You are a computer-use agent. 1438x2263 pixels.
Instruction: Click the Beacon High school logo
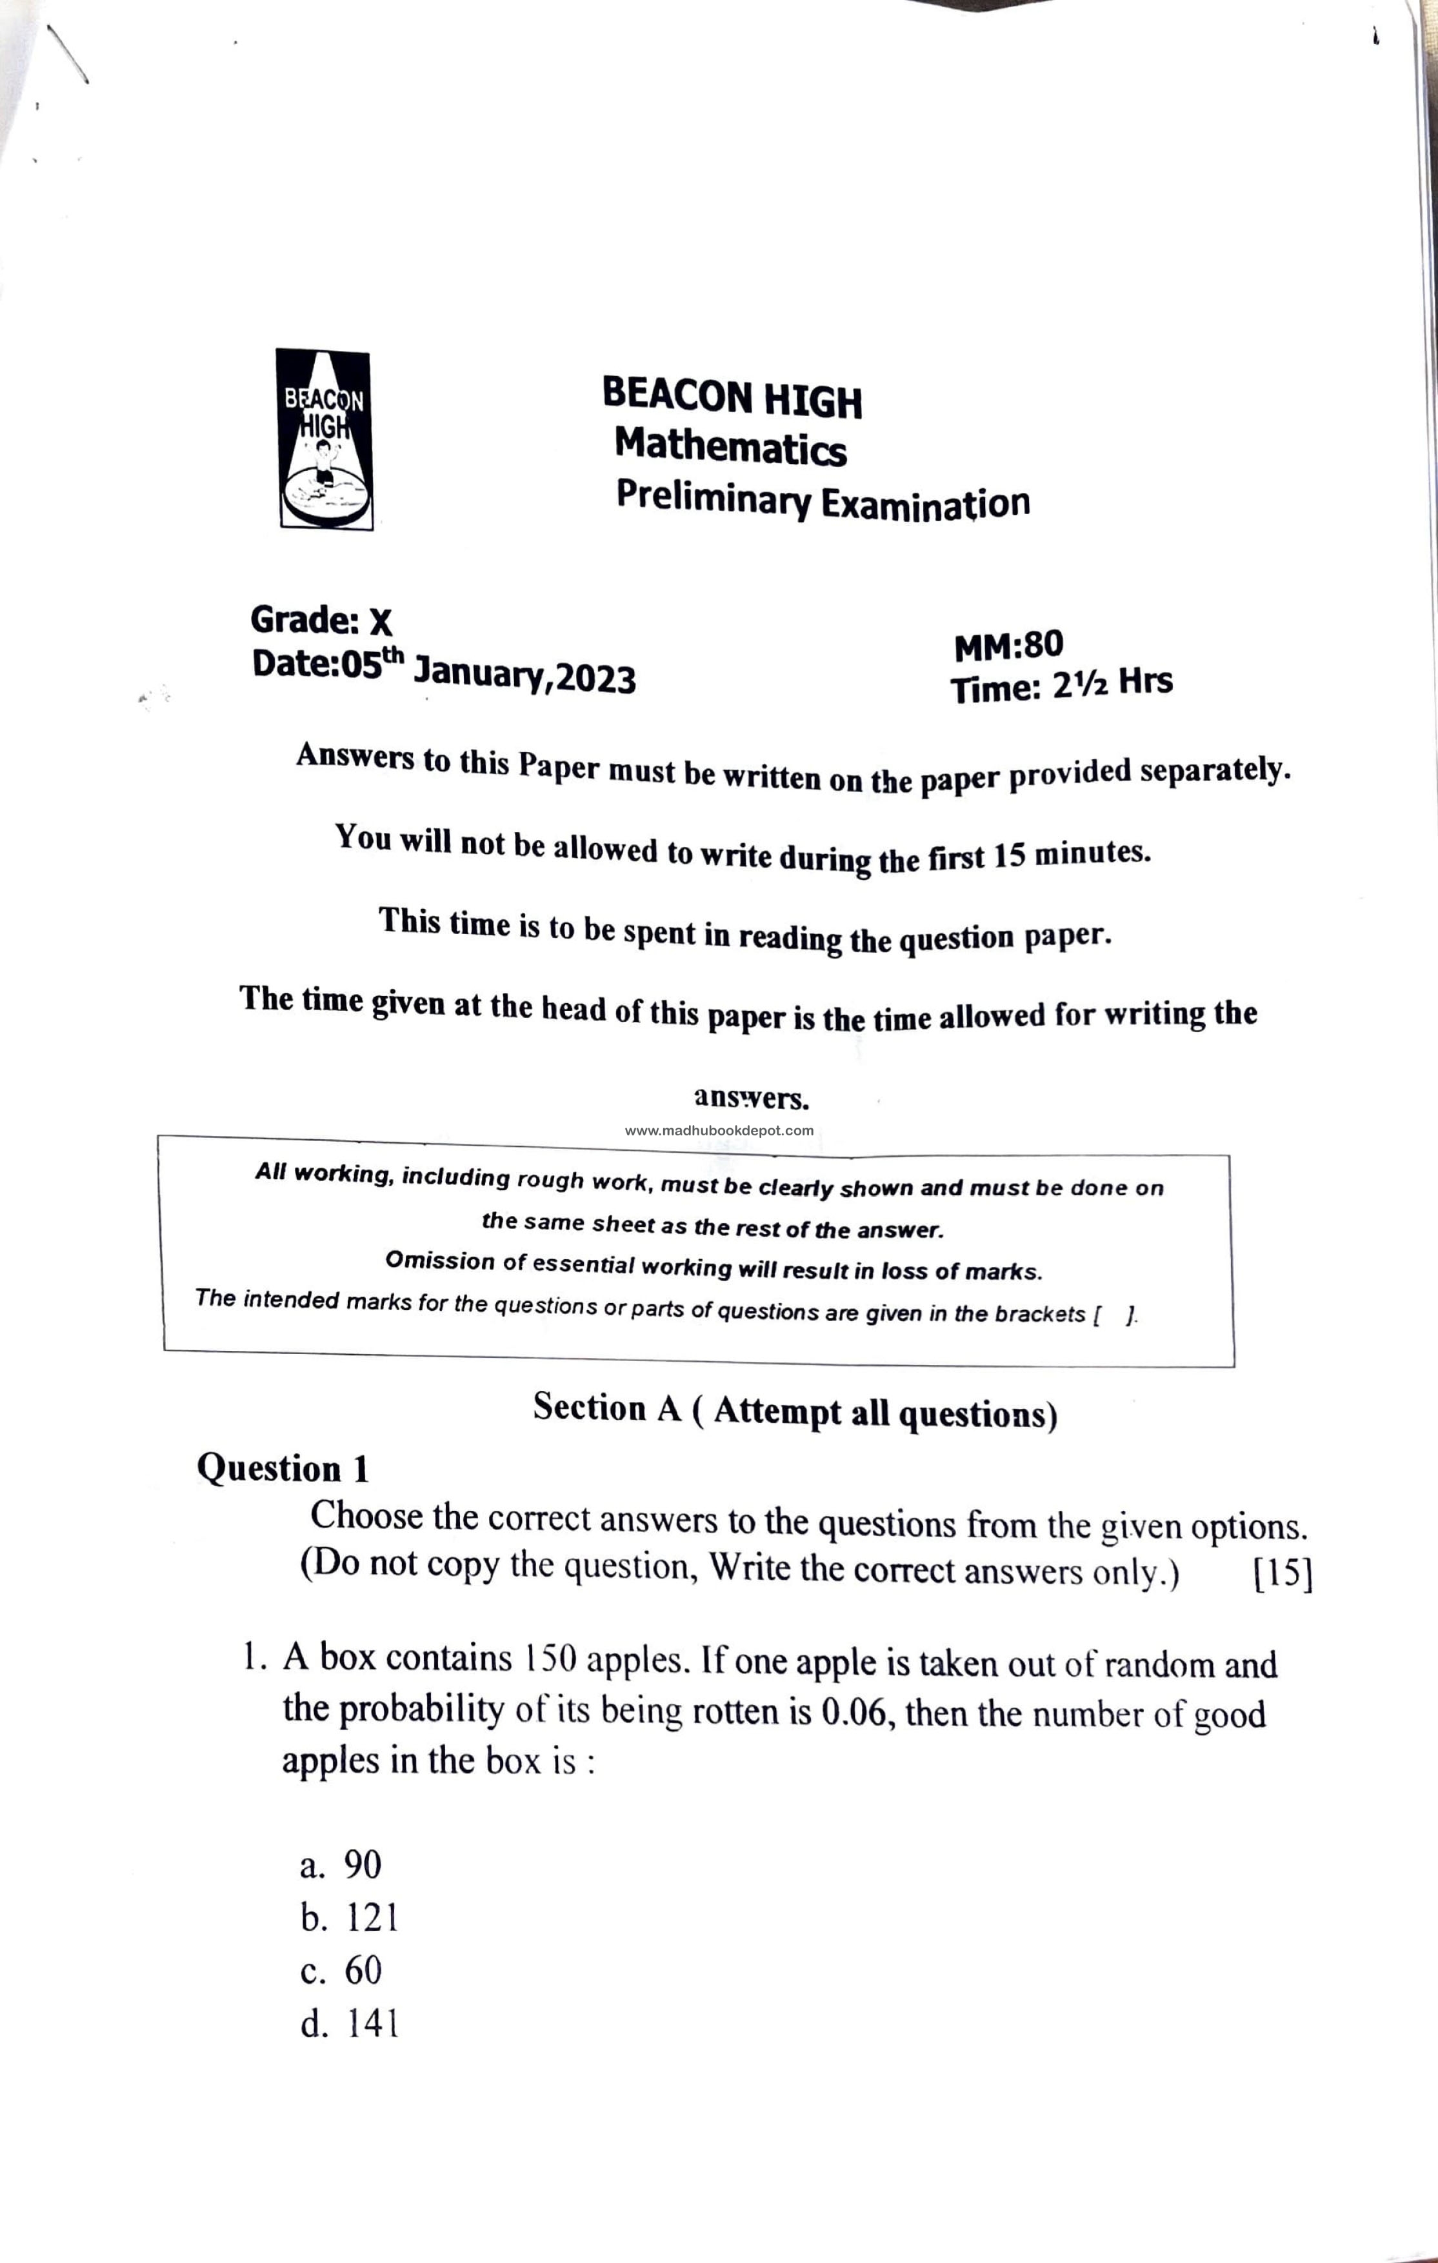coord(325,440)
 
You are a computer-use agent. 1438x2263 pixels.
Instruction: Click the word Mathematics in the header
coord(730,446)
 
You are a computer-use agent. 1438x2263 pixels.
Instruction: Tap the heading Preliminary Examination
coord(823,500)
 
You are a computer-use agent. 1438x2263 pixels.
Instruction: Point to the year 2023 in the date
coord(596,677)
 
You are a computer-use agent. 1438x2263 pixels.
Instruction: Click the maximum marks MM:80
coord(1008,646)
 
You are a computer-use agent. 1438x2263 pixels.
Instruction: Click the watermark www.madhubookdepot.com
coord(719,1131)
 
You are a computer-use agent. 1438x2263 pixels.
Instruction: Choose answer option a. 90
coord(340,1864)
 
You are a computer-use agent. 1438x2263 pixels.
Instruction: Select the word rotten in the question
coord(738,1711)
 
